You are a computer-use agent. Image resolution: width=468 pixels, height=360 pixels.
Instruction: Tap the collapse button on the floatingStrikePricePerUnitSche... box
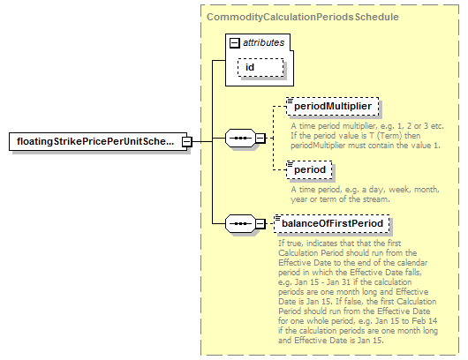point(187,141)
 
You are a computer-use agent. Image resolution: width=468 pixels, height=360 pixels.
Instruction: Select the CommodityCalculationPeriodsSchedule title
point(303,17)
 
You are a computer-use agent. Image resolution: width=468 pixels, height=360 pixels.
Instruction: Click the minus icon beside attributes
point(235,43)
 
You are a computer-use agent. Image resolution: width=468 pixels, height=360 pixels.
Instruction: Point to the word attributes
point(263,42)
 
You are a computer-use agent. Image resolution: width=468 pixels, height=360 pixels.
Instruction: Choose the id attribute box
point(260,67)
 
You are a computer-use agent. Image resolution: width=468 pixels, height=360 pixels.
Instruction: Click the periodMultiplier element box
point(333,106)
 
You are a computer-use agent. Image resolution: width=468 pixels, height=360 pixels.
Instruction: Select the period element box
point(309,169)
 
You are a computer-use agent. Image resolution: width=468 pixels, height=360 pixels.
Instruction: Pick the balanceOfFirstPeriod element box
point(332,223)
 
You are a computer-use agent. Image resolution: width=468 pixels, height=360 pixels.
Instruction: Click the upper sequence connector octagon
point(240,139)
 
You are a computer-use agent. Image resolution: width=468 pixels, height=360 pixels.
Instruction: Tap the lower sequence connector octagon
point(240,223)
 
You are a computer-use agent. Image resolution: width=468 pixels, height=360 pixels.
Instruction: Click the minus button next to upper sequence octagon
point(260,139)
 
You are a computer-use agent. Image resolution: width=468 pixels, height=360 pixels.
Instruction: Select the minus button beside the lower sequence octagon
point(260,223)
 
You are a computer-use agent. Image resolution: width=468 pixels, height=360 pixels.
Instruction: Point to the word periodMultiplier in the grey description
point(318,146)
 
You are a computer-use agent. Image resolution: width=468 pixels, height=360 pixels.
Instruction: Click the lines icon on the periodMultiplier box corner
point(290,101)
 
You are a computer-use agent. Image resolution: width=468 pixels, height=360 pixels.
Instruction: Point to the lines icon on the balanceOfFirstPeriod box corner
point(277,218)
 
